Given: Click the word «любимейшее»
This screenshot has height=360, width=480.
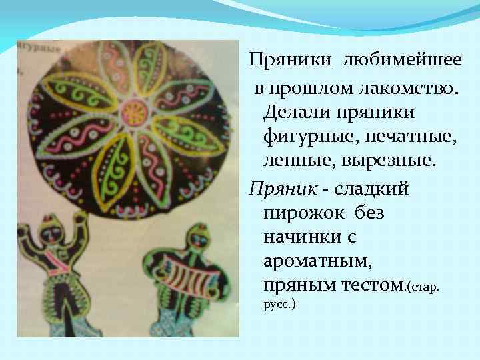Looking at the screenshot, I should click(403, 61).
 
